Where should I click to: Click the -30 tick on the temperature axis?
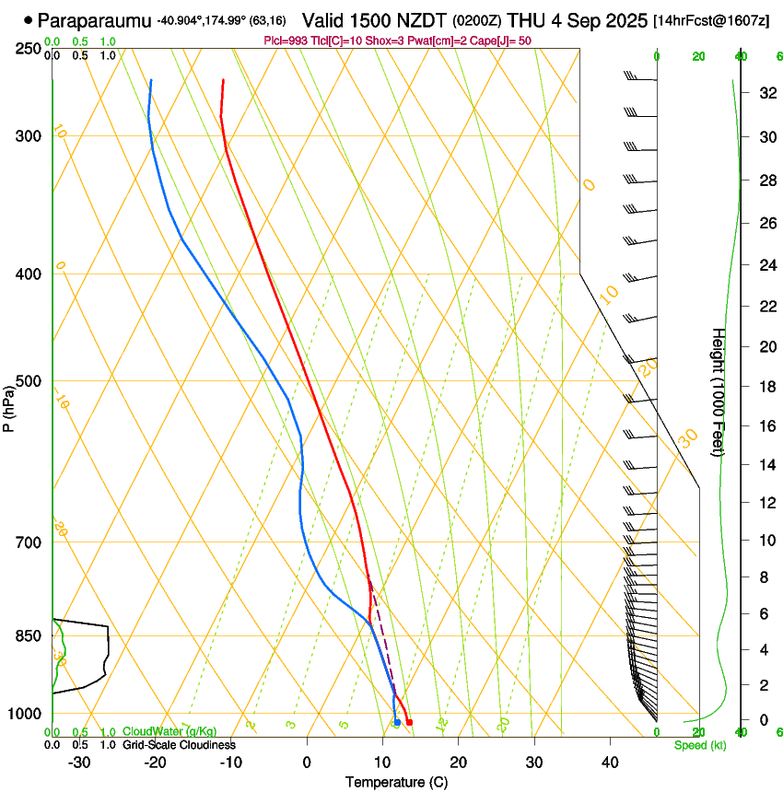coord(79,763)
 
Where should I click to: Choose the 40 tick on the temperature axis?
coord(610,763)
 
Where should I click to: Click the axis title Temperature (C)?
coord(396,782)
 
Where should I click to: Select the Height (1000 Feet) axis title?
coord(719,392)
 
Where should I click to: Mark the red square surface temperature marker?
coord(409,722)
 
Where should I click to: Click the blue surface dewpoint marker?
coord(397,722)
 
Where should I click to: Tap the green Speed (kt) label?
coord(700,745)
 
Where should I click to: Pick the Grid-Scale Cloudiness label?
coord(179,745)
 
